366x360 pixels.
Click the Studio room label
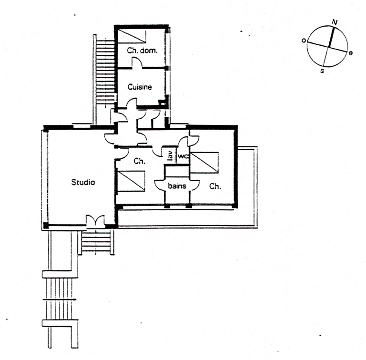coord(83,182)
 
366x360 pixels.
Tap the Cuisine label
coord(140,87)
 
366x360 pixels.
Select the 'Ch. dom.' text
coord(142,50)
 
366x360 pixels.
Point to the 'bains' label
coord(177,186)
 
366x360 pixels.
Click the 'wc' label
coord(183,156)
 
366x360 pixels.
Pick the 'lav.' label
coord(171,155)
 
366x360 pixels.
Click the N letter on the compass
coord(335,22)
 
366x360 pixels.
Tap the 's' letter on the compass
coord(322,70)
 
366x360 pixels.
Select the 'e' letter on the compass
coord(350,53)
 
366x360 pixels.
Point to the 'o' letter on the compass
coord(304,41)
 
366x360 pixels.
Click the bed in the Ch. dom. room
coord(132,36)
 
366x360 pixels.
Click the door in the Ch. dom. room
coord(137,62)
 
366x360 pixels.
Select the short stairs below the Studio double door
coord(96,242)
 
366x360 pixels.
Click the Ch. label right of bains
coord(215,186)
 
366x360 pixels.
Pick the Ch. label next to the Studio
coord(139,161)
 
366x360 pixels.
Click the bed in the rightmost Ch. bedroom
coord(204,163)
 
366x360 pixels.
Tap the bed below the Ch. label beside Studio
coord(131,181)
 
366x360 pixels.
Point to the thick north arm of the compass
coord(331,37)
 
